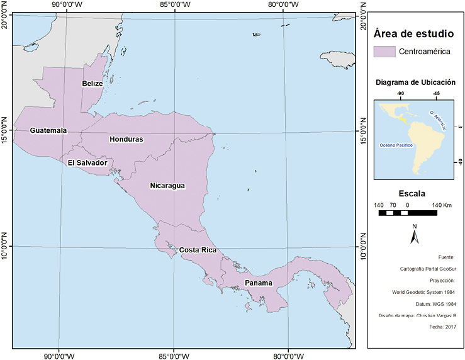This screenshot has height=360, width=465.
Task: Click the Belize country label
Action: [x=92, y=84]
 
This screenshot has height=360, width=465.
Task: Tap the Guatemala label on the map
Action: [x=48, y=130]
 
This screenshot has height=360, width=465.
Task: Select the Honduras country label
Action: [x=126, y=139]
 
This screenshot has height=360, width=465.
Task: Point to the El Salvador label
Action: [x=87, y=163]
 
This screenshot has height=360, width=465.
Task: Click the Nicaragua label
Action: [x=167, y=186]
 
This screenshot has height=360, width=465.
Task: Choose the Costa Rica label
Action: [x=198, y=250]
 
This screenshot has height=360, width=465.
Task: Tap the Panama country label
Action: [x=259, y=283]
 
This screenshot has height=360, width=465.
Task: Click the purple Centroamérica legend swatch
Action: [x=383, y=52]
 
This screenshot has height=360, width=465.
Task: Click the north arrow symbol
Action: [x=414, y=235]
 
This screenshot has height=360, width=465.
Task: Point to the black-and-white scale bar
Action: [x=407, y=213]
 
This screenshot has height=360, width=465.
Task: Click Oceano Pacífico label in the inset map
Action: [x=396, y=145]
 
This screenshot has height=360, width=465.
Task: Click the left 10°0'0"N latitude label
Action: [x=5, y=246]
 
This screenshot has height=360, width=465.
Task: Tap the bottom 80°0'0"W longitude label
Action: [x=288, y=354]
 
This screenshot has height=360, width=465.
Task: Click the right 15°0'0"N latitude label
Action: [x=362, y=132]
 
